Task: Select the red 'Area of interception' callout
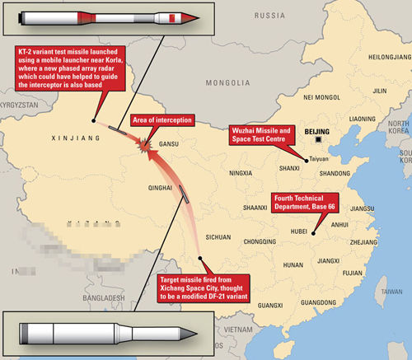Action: click(x=162, y=120)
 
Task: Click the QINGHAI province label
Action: click(x=159, y=187)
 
